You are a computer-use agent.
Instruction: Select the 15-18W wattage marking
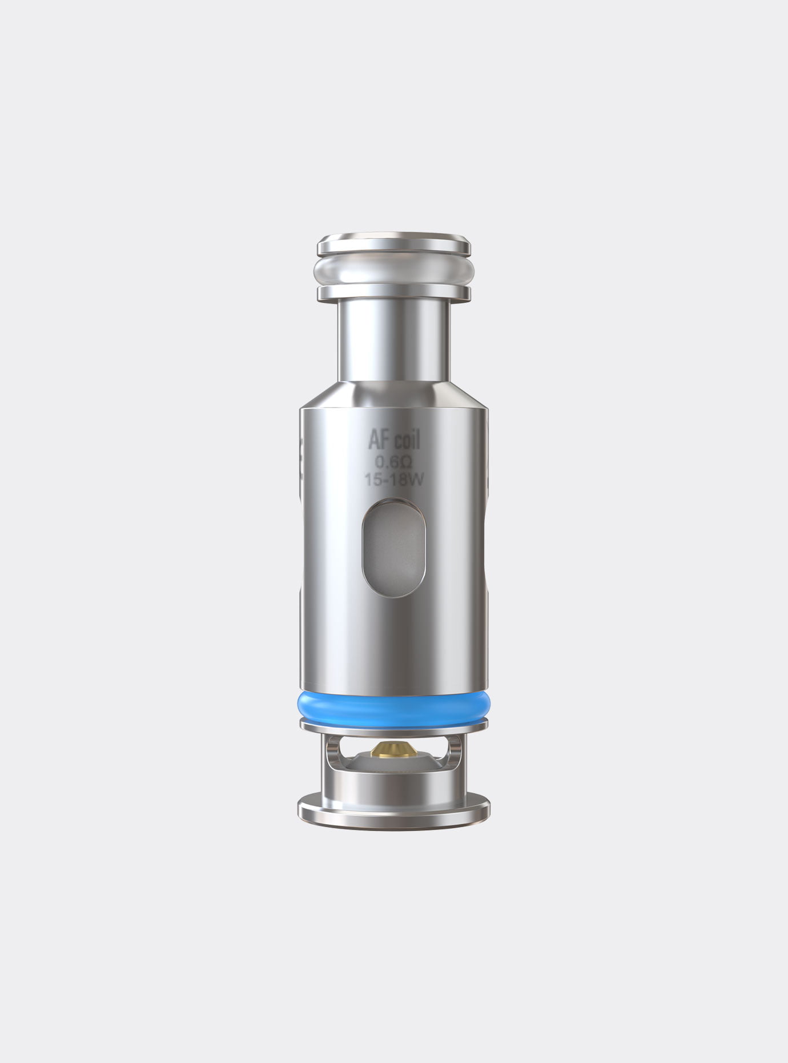click(x=394, y=480)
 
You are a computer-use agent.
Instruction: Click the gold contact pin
click(x=394, y=749)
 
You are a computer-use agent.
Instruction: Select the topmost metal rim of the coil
click(x=394, y=244)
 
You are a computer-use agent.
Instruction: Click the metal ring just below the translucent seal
click(x=394, y=293)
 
